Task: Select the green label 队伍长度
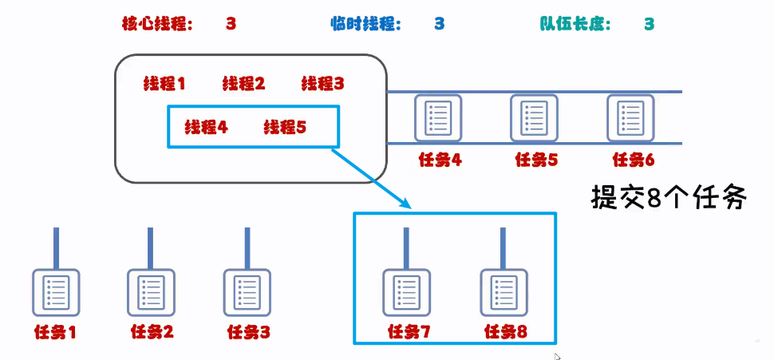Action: tap(575, 24)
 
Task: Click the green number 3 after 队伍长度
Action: tap(650, 24)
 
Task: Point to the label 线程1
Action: tap(164, 83)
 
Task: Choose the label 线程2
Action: tap(243, 83)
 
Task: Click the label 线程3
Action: tap(322, 83)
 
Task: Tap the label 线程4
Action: tap(207, 127)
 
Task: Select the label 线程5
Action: tap(285, 127)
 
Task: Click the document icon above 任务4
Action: tap(439, 118)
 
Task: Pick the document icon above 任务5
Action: tap(535, 118)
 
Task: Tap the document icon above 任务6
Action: tap(630, 118)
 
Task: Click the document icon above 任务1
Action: tap(56, 293)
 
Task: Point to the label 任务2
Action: tap(151, 330)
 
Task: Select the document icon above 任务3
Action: tap(247, 293)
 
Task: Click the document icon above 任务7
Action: tap(407, 293)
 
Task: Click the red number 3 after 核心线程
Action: tap(231, 24)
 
